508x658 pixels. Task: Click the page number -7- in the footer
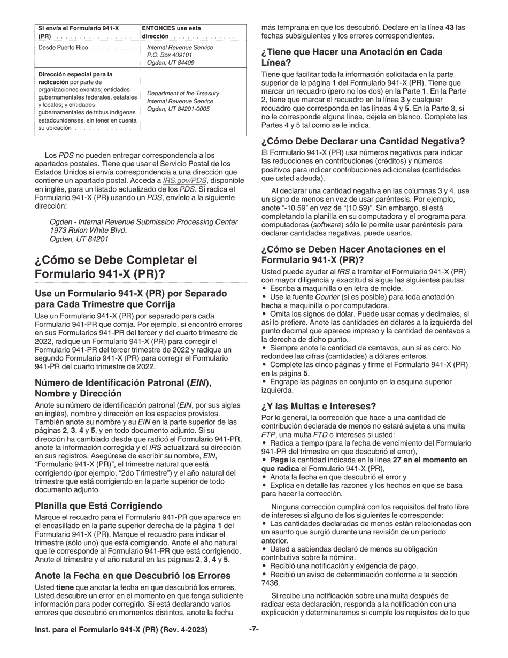(254, 630)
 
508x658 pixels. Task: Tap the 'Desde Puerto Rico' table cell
(63, 48)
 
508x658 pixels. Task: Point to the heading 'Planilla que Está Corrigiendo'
(98, 506)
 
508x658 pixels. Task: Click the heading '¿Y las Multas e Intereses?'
(319, 406)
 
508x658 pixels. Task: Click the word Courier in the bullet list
(327, 297)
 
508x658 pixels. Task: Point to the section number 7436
(270, 583)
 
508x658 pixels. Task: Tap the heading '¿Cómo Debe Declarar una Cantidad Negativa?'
(363, 142)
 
